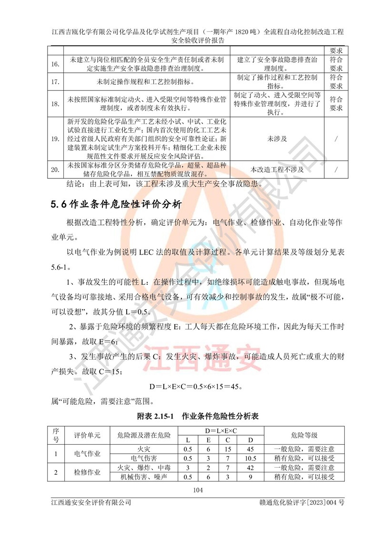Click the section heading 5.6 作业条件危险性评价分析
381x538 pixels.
click(116, 205)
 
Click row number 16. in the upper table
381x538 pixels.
click(56, 65)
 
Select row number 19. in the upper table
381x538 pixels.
click(56, 139)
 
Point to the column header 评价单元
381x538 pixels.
click(87, 435)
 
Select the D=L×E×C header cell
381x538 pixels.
click(221, 430)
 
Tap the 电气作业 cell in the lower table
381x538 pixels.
click(87, 453)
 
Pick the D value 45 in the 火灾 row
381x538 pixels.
click(251, 449)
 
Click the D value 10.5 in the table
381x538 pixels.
click(251, 458)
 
